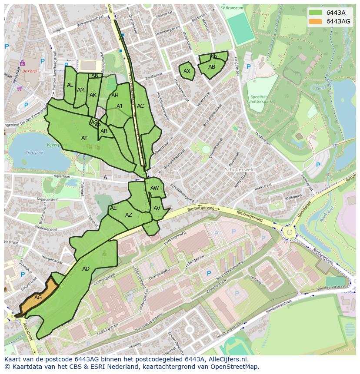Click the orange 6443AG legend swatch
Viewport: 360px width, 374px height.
316,21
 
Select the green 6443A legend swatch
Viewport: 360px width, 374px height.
316,13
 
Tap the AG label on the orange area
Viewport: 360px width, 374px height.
38,298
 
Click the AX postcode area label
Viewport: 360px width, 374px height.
187,71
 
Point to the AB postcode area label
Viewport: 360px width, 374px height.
212,67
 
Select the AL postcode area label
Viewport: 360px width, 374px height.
70,85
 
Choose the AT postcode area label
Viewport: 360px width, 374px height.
84,138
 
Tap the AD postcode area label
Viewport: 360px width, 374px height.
86,269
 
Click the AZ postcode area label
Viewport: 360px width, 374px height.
129,215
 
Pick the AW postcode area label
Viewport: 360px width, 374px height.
155,188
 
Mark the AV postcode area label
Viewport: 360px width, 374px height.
157,209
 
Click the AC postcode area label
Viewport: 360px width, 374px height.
140,106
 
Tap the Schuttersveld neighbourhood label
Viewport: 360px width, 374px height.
240,170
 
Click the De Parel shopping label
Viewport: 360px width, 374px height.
30,71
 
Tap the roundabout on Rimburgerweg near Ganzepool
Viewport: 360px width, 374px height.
289,233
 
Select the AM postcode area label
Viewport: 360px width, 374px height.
81,90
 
